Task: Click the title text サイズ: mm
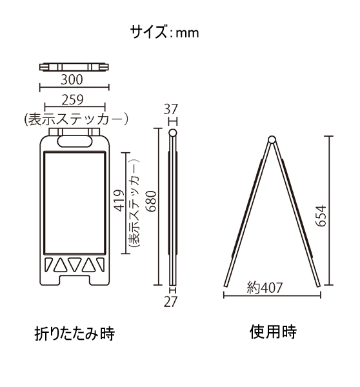(165, 32)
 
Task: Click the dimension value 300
(72, 80)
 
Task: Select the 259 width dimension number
(72, 100)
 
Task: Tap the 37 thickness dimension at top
(171, 110)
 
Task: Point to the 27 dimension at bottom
(171, 302)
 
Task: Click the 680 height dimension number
(151, 201)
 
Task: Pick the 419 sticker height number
(119, 201)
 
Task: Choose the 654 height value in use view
(321, 215)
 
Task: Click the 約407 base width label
(265, 288)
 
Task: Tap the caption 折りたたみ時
(75, 333)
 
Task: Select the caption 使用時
(273, 332)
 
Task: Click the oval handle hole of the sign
(75, 141)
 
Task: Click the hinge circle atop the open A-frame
(272, 139)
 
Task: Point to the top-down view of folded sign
(74, 67)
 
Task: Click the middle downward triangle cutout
(75, 265)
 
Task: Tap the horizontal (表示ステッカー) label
(76, 119)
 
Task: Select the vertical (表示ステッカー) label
(134, 203)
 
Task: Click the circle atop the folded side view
(173, 133)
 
